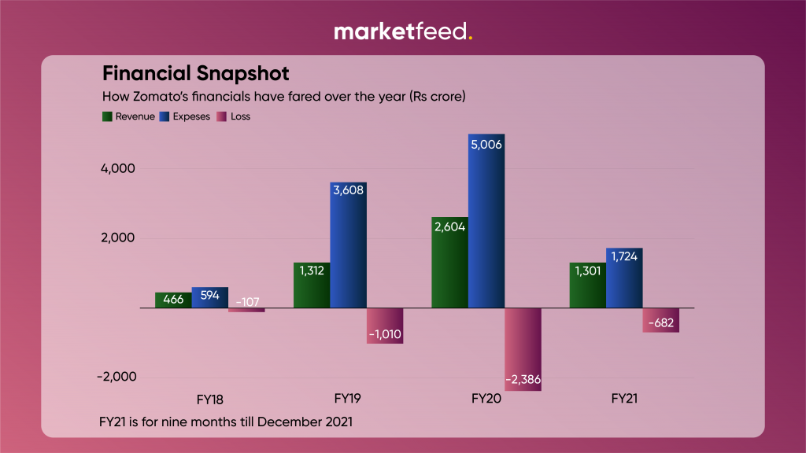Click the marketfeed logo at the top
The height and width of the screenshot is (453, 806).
pos(403,31)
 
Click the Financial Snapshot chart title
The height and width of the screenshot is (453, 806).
pos(196,74)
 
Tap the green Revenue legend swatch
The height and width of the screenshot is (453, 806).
pos(108,116)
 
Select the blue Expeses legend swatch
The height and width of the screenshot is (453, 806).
pos(165,116)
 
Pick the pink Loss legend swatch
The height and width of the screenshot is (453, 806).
pos(222,116)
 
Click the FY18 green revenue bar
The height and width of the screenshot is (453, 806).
pos(173,300)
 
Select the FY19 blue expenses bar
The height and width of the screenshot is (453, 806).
pos(348,245)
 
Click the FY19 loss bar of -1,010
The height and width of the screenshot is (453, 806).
pos(385,326)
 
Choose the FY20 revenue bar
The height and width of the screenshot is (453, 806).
pos(450,263)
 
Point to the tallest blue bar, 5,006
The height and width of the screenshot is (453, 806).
pos(486,221)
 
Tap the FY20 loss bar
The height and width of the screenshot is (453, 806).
pos(523,349)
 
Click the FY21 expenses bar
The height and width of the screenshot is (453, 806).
pos(624,278)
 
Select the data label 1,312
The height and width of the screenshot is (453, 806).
pos(312,270)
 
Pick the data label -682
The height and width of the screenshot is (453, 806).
pos(660,322)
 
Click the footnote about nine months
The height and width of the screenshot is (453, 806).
pos(226,421)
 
